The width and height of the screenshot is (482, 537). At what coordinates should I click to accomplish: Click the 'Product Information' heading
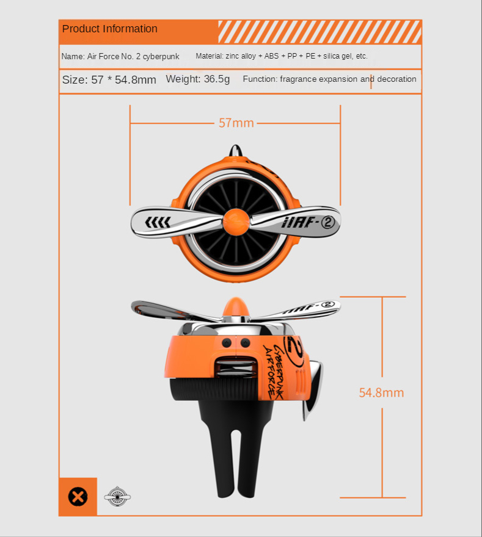pos(110,29)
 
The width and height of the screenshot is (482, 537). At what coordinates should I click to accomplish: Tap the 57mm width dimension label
pos(236,123)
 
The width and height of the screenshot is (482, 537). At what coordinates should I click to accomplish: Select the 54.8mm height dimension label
pos(381,392)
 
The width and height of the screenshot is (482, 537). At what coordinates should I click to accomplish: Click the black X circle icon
pos(78,497)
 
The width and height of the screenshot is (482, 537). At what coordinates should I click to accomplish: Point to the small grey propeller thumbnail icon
pos(117,496)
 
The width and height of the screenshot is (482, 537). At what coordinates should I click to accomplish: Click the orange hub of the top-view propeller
pos(236,222)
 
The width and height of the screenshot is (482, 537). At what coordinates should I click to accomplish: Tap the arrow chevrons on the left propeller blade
pos(158,222)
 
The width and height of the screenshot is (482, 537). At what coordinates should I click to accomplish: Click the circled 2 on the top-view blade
pos(327,223)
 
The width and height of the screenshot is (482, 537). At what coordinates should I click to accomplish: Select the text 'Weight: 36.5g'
pos(198,79)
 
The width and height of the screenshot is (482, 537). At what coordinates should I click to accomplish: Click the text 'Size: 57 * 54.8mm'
pos(109,80)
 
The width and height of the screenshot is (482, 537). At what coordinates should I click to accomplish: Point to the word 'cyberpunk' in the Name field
pos(161,57)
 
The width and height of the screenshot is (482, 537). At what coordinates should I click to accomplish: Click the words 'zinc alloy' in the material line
pos(241,56)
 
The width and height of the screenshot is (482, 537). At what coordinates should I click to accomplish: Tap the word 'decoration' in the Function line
pos(396,79)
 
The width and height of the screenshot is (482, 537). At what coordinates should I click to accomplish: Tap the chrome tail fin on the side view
pos(312,391)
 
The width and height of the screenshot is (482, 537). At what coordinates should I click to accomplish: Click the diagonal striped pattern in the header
pos(320,32)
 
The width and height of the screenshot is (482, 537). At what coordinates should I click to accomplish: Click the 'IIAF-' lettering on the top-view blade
pos(299,223)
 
